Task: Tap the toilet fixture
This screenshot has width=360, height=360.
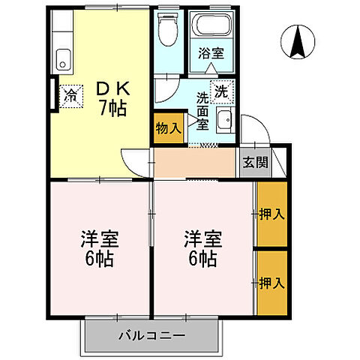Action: point(167,30)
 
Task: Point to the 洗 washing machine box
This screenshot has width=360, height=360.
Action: point(220,91)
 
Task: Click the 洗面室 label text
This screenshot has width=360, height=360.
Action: point(202,111)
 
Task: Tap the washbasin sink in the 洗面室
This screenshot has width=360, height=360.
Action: point(224,119)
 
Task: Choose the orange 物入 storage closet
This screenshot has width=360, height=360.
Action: point(168,128)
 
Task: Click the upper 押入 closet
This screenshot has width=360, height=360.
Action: point(271,214)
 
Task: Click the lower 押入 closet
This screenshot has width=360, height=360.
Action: point(271,283)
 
